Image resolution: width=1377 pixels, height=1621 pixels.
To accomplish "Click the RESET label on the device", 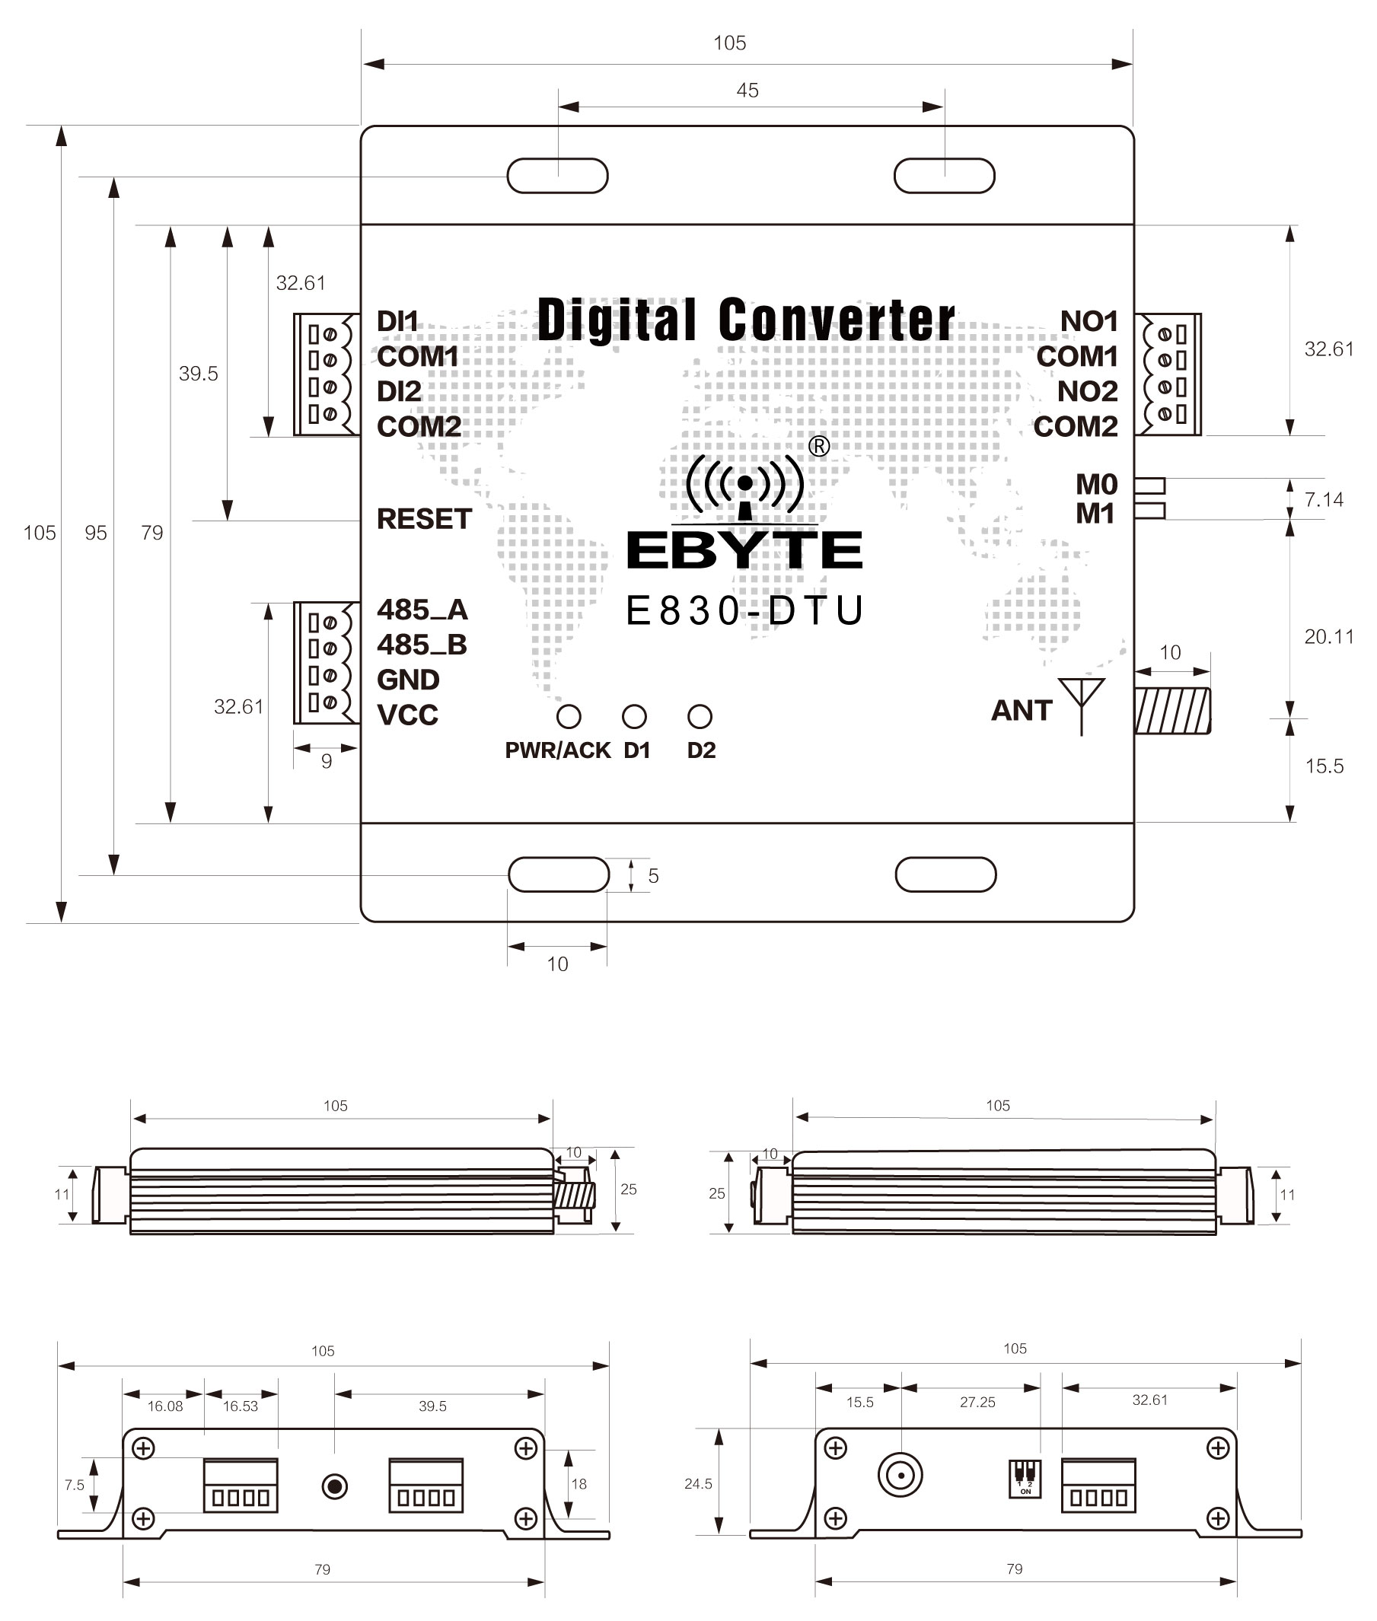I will (424, 519).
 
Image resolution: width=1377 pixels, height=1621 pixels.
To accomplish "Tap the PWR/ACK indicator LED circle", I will (569, 715).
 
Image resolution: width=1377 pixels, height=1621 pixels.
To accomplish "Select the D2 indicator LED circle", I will (700, 715).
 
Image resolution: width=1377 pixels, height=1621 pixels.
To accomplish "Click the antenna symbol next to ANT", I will (1081, 702).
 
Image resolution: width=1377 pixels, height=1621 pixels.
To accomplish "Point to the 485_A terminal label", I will (422, 609).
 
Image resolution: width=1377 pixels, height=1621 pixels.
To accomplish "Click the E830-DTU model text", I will (744, 611).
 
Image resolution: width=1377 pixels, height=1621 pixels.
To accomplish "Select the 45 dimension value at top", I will (747, 91).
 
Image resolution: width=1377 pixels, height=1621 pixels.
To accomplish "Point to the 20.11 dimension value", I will (1328, 637).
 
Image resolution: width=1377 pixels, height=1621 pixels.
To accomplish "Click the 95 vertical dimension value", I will (95, 533).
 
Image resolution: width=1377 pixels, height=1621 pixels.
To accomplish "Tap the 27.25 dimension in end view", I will (977, 1403).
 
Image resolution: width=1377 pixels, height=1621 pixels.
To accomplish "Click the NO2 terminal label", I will (1088, 391).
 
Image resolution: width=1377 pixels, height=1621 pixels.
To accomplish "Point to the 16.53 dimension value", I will (240, 1406).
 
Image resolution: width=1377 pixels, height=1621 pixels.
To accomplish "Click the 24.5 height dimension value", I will (698, 1484).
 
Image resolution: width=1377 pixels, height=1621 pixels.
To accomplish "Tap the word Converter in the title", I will (836, 320).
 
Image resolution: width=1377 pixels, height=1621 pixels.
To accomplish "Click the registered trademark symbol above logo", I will (819, 446).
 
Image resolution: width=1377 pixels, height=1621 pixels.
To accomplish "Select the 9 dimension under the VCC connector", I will (327, 761).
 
